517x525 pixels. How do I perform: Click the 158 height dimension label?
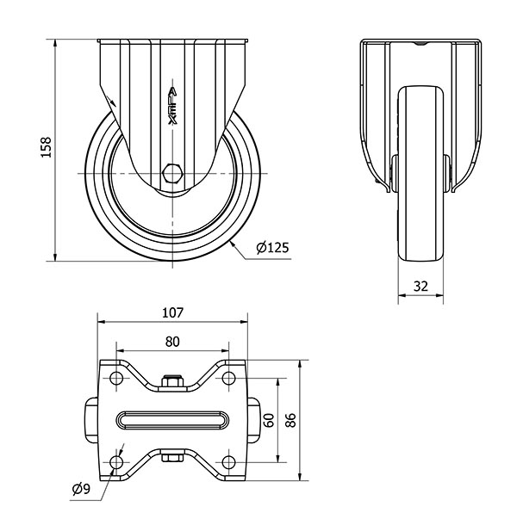tap(46, 147)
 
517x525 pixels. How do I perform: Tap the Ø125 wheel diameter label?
tap(272, 248)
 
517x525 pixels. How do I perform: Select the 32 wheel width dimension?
tap(420, 287)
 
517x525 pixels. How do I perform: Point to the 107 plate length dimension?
tap(172, 312)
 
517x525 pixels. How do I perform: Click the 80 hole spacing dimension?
tap(172, 342)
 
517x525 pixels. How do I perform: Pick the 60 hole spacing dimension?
tap(269, 420)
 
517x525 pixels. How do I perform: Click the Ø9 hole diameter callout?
tap(82, 490)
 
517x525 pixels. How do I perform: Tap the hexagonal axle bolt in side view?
tap(172, 174)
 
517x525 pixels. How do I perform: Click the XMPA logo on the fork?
tap(172, 106)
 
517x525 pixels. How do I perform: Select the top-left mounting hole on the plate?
tap(116, 378)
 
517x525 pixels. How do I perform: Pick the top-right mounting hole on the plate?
tap(228, 378)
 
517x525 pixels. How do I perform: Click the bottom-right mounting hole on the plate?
tap(228, 462)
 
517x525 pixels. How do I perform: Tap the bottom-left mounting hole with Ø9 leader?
tap(116, 462)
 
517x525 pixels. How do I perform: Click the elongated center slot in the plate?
tap(172, 420)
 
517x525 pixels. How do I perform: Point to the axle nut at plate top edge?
tap(172, 381)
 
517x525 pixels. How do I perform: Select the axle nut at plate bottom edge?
tap(172, 458)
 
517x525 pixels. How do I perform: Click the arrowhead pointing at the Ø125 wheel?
tap(233, 245)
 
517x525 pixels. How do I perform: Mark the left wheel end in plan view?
tap(90, 420)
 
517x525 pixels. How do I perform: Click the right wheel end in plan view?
tap(254, 420)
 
